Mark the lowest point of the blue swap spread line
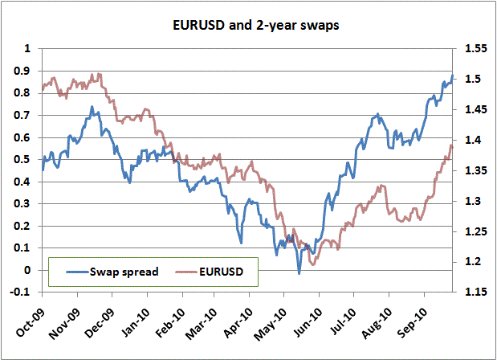(299, 274)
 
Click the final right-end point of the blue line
(452, 76)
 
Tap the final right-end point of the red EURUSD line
(452, 147)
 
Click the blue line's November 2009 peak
(92, 106)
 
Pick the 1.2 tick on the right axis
(471, 262)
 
